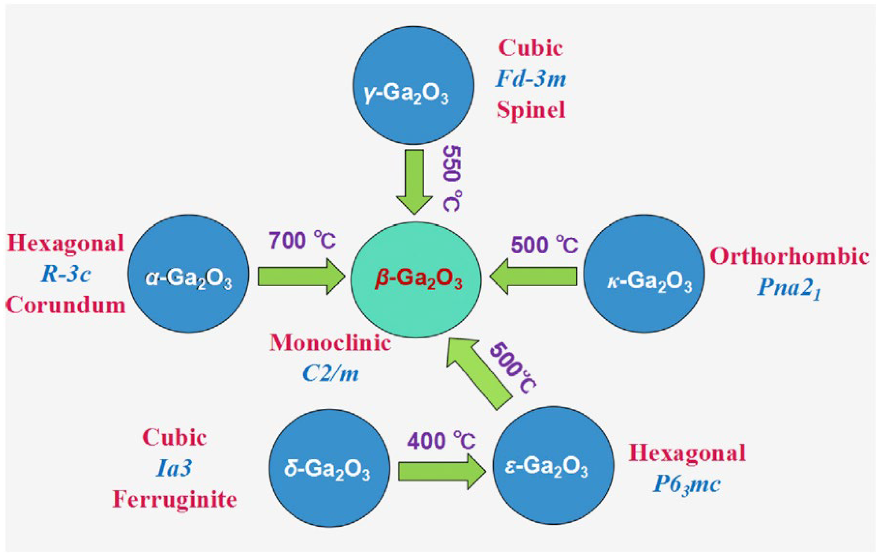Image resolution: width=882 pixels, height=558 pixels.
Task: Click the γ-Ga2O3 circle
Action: (x=413, y=85)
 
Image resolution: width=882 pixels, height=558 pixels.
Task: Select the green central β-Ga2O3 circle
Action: (x=415, y=280)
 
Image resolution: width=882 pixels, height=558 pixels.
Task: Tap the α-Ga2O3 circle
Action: (x=188, y=274)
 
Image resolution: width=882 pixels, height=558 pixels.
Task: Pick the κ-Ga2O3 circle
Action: (x=644, y=274)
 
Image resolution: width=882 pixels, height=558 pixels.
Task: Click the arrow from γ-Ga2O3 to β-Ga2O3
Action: (x=414, y=181)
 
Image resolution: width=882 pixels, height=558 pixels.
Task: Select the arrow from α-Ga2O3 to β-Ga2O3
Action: (x=300, y=276)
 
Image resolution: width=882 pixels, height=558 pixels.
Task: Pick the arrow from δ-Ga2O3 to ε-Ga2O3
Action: (x=442, y=471)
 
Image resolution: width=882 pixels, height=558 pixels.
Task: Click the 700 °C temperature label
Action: (x=303, y=241)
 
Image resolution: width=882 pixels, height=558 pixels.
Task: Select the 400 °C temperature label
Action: (x=442, y=441)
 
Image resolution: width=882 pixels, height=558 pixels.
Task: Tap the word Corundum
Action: (x=66, y=305)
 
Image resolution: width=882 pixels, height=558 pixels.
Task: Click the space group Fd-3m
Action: (x=531, y=79)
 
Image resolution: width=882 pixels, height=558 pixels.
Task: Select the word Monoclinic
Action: (x=330, y=343)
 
